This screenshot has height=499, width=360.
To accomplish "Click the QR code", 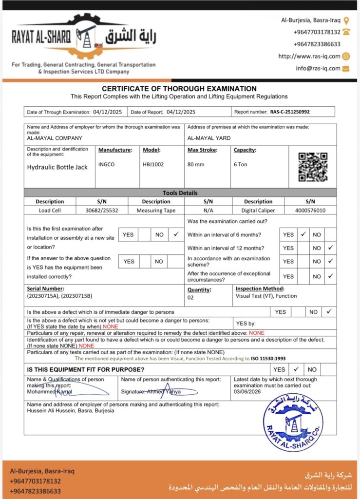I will pyautogui.click(x=313, y=167).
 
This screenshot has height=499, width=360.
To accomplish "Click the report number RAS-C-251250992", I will pyautogui.click(x=290, y=112).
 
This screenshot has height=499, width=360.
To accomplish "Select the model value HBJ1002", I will pyautogui.click(x=153, y=164).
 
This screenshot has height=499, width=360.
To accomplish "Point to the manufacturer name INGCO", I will pyautogui.click(x=107, y=164).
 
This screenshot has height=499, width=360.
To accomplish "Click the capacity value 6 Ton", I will pyautogui.click(x=241, y=164).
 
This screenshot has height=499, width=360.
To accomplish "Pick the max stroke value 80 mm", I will pyautogui.click(x=196, y=164).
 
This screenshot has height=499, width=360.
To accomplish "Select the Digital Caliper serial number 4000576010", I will pyautogui.click(x=310, y=211).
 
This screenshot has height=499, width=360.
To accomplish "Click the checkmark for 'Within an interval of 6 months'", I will pyautogui.click(x=303, y=234).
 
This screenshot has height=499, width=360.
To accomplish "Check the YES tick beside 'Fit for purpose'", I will pyautogui.click(x=296, y=369).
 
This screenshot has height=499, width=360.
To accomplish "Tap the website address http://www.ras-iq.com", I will pyautogui.click(x=309, y=56).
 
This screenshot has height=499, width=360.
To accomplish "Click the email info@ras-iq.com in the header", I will pyautogui.click(x=318, y=68).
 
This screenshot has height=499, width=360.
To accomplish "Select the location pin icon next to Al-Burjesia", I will pyautogui.click(x=346, y=20).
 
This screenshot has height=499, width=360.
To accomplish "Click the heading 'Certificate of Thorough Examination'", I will pyautogui.click(x=179, y=89).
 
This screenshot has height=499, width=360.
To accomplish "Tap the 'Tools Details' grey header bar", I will pyautogui.click(x=180, y=192).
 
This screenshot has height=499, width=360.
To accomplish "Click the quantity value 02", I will pyautogui.click(x=191, y=297).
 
